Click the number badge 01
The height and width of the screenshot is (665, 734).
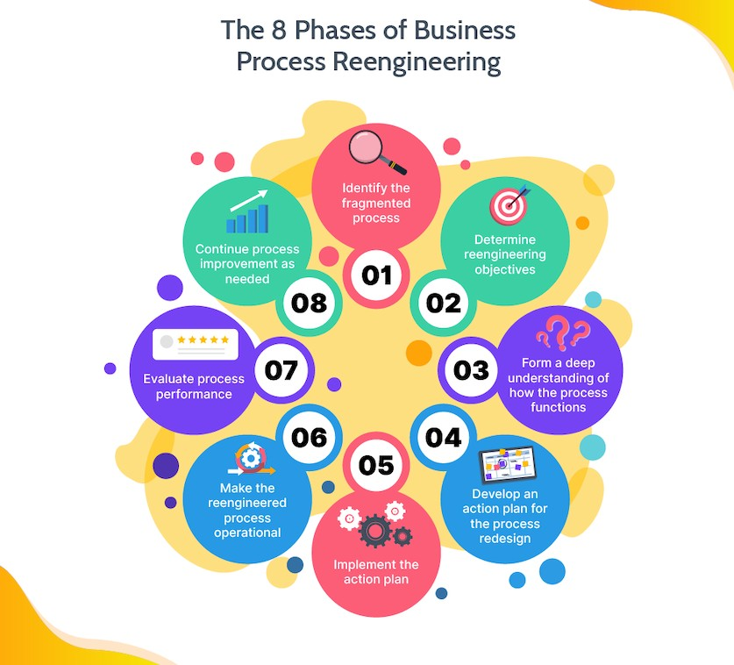click(376, 275)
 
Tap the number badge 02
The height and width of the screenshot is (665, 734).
click(444, 303)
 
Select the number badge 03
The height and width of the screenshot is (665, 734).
click(471, 369)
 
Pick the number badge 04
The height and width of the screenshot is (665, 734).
click(443, 437)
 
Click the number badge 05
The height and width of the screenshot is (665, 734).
click(376, 464)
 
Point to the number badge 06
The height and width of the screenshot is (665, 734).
click(310, 437)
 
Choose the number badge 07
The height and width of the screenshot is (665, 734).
click(281, 369)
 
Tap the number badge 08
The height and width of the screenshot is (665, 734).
click(309, 303)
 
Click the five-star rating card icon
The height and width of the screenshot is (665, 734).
click(195, 345)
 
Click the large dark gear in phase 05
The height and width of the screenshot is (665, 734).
click(376, 529)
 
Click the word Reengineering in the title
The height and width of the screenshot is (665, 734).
click(412, 63)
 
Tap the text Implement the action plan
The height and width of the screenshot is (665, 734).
click(376, 571)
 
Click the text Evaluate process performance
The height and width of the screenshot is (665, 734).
click(195, 387)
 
